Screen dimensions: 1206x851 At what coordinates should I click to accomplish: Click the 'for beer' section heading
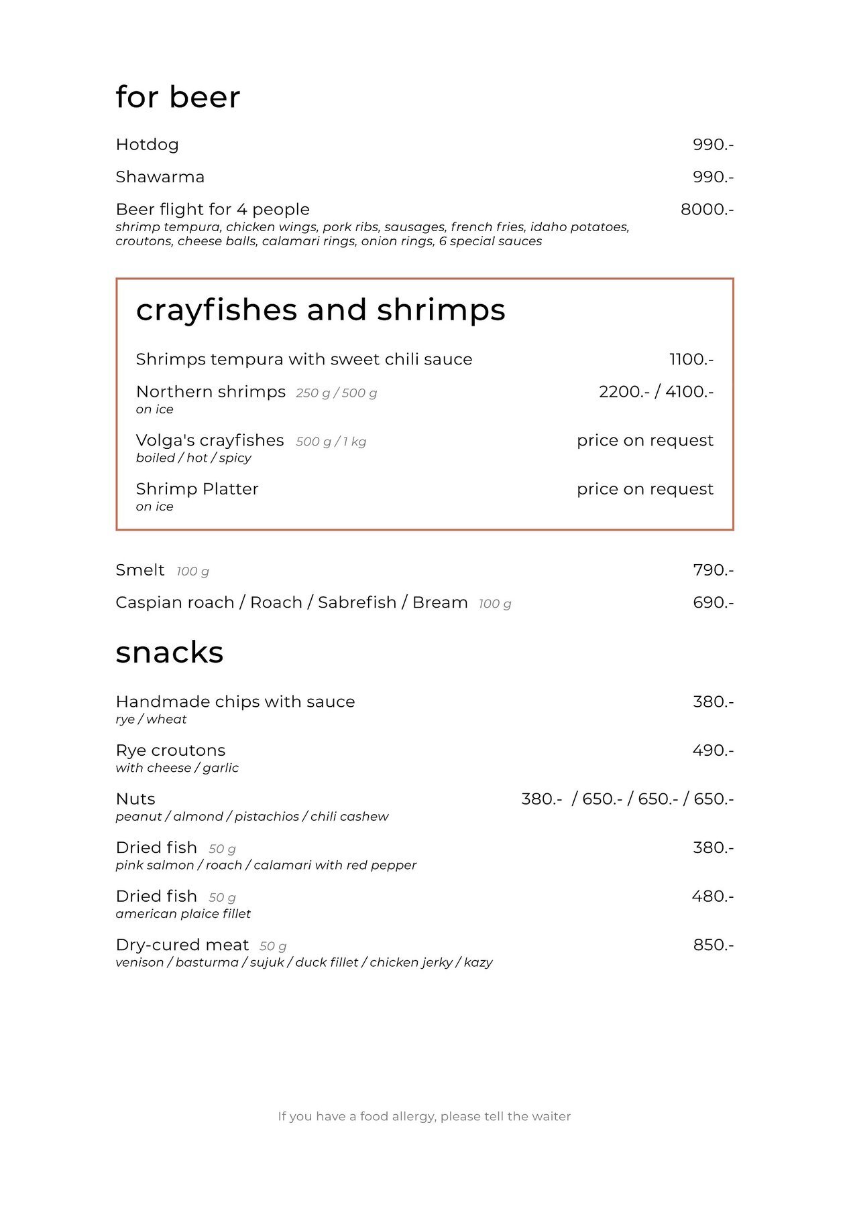pos(177,97)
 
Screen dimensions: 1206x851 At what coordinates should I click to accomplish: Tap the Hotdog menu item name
pos(147,145)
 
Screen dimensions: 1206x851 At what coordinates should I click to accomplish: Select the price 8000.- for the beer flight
pos(707,210)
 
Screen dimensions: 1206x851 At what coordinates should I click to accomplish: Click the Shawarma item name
pos(160,177)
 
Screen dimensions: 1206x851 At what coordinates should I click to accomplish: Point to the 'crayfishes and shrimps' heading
pos(321,310)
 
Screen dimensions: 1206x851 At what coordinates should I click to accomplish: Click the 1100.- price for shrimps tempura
pos(691,360)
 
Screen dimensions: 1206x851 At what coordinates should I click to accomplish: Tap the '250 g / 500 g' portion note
pos(336,393)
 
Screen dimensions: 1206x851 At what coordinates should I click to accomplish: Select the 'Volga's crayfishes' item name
pos(210,441)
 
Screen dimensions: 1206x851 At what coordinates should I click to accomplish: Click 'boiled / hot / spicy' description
pos(193,458)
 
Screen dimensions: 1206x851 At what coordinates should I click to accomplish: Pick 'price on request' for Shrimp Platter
pos(644,489)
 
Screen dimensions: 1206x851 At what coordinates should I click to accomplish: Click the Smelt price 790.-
pos(713,570)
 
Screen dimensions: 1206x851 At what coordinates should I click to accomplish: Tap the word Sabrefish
pos(357,603)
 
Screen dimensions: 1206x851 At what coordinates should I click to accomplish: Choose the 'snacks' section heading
pos(169,653)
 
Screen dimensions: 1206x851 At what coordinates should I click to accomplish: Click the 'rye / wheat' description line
pos(151,720)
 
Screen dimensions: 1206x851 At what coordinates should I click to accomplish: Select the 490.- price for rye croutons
pos(713,750)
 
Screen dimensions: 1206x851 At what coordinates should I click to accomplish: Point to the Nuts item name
pos(135,799)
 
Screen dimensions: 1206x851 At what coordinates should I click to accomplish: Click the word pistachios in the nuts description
pos(266,817)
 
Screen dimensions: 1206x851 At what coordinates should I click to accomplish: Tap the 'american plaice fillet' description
pos(183,914)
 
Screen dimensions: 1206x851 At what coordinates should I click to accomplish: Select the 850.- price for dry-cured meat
pos(713,945)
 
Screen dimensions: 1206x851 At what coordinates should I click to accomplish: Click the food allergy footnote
pos(424,1116)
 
